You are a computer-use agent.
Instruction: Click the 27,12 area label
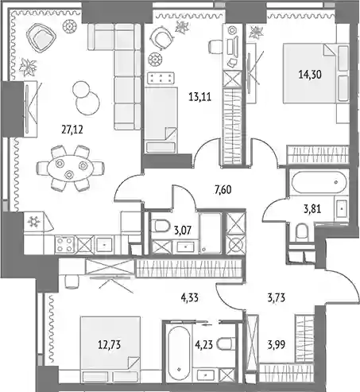[x=72, y=130]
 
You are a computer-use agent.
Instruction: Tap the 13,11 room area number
[x=200, y=97]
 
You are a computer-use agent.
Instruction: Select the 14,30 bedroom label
[x=310, y=75]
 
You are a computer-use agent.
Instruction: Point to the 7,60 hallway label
[x=223, y=190]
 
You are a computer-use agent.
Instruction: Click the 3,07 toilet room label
[x=183, y=231]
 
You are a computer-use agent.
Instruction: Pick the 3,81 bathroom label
[x=312, y=209]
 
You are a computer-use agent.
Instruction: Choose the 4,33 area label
[x=190, y=297]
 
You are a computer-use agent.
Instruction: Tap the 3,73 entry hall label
[x=277, y=298]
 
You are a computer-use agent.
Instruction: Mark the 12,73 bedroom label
[x=110, y=345]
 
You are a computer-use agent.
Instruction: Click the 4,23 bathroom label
[x=204, y=345]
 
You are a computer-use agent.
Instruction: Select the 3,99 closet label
[x=277, y=345]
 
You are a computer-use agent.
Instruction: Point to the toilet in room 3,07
[x=161, y=227]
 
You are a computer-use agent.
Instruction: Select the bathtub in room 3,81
[x=319, y=183]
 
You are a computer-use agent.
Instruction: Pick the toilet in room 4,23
[x=226, y=344]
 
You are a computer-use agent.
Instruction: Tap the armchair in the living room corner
[x=41, y=39]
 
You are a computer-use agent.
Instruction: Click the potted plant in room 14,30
[x=256, y=33]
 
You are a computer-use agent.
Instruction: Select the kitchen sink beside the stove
[x=105, y=245]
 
